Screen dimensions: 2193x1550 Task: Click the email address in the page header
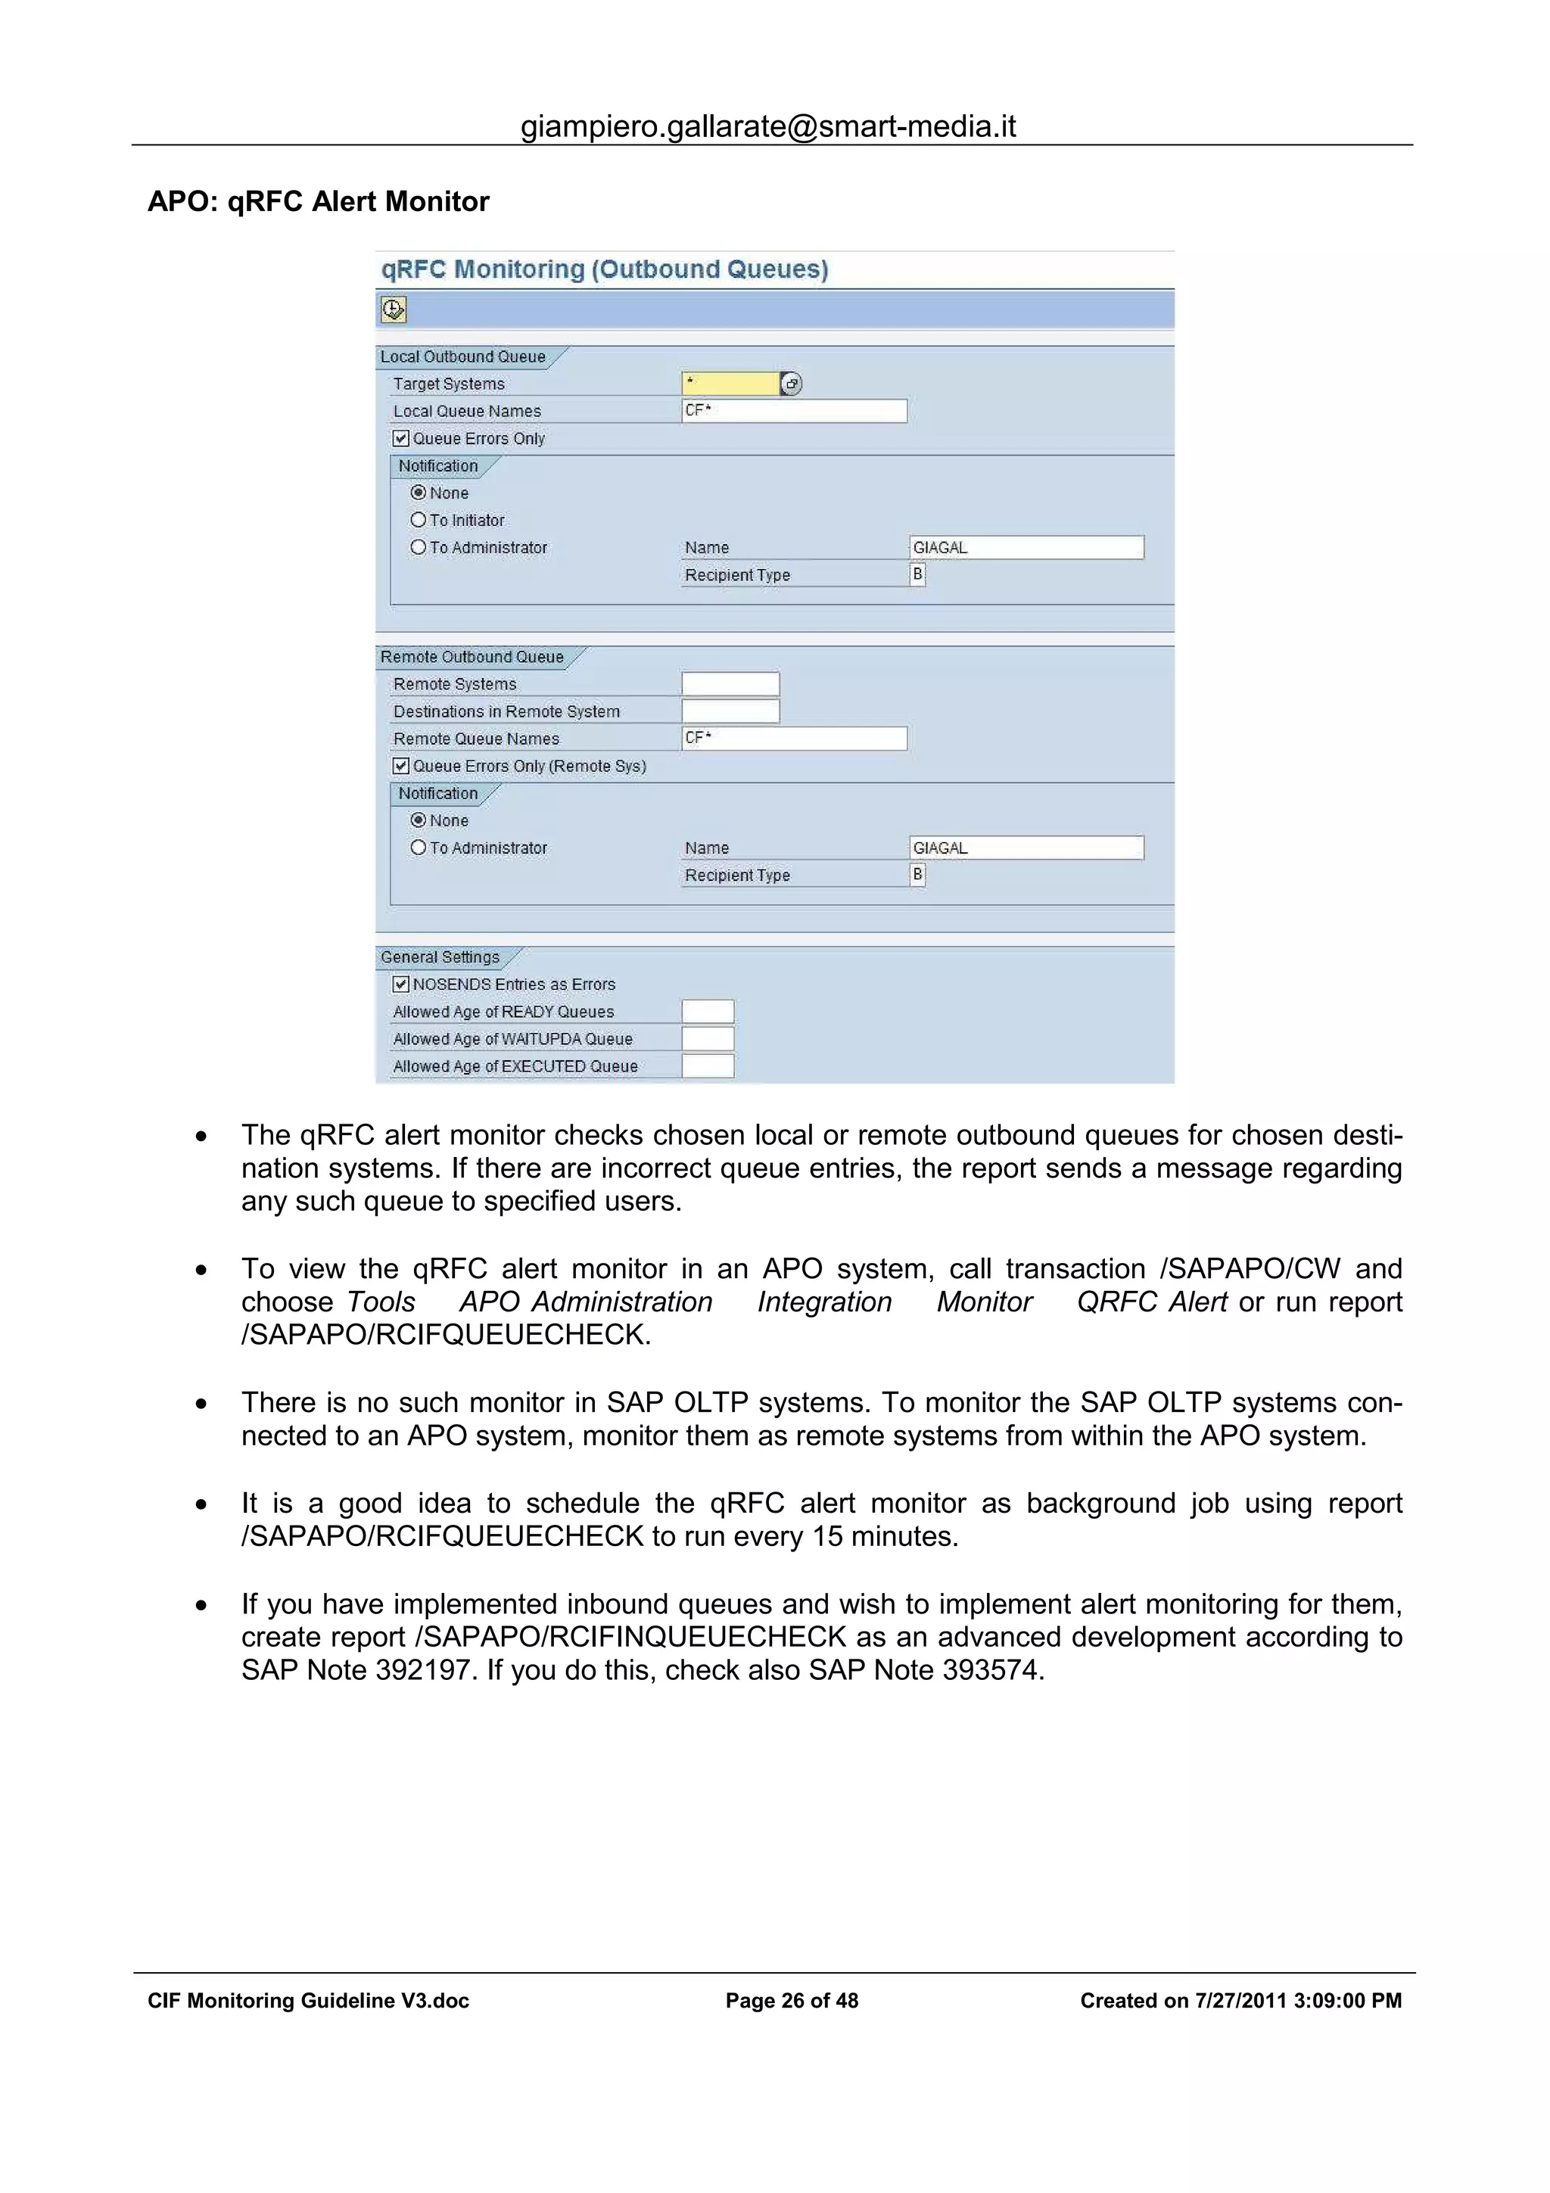pos(768,126)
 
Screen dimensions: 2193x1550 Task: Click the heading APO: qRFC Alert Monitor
pos(318,201)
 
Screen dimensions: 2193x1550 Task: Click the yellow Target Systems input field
pos(730,383)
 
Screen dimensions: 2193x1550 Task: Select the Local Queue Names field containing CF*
pos(794,411)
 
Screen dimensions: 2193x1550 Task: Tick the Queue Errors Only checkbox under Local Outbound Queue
pos(401,438)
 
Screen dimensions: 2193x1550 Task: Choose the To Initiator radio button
pos(419,520)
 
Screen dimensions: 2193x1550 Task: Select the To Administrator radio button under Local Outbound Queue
pos(419,547)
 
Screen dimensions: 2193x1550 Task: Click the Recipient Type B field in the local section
pos(917,574)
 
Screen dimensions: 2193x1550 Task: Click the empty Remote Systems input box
pos(730,684)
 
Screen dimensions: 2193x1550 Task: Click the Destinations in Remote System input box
pos(730,711)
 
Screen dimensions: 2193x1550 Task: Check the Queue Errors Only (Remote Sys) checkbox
pos(401,766)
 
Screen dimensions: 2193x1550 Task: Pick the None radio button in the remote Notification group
pos(419,820)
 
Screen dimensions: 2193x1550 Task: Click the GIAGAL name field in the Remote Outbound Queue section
pos(1026,848)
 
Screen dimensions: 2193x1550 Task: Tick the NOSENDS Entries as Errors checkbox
pos(401,984)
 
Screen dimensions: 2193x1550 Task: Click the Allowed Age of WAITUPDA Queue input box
pos(708,1039)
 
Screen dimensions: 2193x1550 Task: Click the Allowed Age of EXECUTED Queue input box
pos(708,1066)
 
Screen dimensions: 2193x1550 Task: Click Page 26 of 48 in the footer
pos(792,2001)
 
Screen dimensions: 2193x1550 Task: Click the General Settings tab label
pos(440,957)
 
